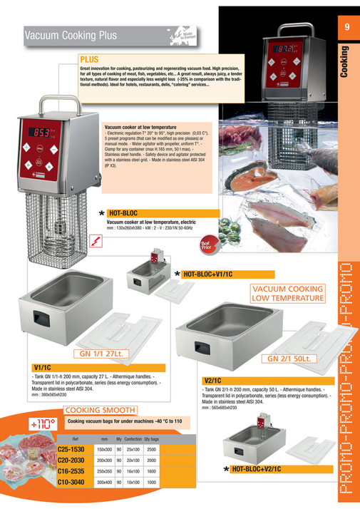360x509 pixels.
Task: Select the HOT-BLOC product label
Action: [x=124, y=212]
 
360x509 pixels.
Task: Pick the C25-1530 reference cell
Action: [x=72, y=450]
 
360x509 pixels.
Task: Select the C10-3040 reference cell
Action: [x=72, y=482]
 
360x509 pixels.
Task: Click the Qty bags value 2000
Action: [x=151, y=461]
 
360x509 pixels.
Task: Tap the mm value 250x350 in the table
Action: [x=104, y=471]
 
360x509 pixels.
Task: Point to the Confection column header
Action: [x=133, y=439]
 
